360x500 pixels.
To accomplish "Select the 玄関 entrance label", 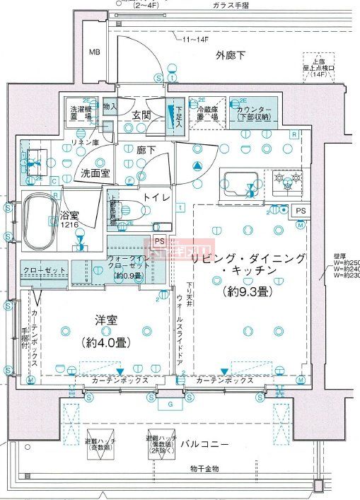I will [141, 115].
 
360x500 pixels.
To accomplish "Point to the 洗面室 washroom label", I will [94, 172].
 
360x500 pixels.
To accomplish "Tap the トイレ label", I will [155, 198].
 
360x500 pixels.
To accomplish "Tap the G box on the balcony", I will [170, 405].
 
